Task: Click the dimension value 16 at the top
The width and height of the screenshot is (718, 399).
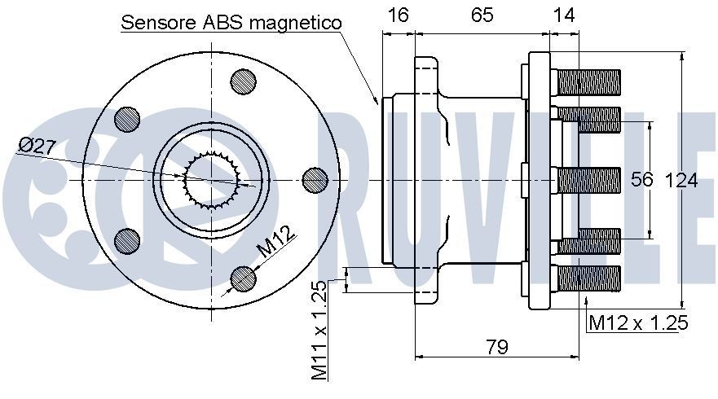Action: (399, 15)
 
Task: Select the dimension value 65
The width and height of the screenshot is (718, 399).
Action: (482, 15)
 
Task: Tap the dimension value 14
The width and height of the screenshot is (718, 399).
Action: (563, 15)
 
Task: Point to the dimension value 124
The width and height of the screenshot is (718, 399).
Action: (681, 180)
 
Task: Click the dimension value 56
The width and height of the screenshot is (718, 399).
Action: (642, 180)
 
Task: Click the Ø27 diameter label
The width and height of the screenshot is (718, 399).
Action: (36, 147)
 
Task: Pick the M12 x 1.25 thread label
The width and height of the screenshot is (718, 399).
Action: (638, 323)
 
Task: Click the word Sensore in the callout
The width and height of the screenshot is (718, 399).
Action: (157, 23)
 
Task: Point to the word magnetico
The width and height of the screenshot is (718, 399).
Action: (295, 23)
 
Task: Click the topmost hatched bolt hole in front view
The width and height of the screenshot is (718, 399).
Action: (244, 81)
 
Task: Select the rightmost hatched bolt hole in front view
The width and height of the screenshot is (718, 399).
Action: (315, 179)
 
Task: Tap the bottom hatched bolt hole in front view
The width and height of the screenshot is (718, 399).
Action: (244, 278)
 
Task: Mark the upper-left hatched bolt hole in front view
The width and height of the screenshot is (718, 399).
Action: (128, 119)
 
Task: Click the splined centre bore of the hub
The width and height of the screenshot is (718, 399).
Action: (209, 179)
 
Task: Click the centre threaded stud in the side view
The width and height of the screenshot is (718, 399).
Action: (587, 180)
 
